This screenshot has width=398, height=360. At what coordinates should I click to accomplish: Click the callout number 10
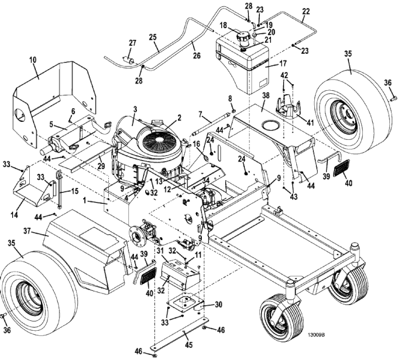(x=33, y=60)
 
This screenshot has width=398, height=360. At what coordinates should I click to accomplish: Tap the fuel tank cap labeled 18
(x=243, y=38)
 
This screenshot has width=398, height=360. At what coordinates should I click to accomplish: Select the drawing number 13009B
(x=316, y=335)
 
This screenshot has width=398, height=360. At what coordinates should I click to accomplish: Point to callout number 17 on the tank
(x=283, y=63)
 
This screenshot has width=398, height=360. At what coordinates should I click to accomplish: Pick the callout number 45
(x=189, y=345)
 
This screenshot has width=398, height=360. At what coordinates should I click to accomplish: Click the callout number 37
(x=27, y=231)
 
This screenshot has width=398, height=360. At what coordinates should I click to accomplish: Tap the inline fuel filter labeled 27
(x=129, y=61)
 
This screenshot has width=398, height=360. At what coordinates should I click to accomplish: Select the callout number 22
(x=306, y=12)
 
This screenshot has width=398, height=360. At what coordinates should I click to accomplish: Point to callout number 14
(x=15, y=214)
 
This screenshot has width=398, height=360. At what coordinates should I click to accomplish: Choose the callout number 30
(x=218, y=304)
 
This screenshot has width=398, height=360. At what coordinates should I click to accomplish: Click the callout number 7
(x=201, y=115)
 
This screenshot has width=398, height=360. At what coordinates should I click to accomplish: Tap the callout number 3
(x=135, y=109)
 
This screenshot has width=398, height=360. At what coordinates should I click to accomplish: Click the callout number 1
(x=84, y=200)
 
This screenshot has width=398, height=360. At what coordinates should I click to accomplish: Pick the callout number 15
(x=74, y=191)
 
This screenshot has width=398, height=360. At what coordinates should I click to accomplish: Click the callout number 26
(x=197, y=56)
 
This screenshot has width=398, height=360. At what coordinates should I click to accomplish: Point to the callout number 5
(x=51, y=125)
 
